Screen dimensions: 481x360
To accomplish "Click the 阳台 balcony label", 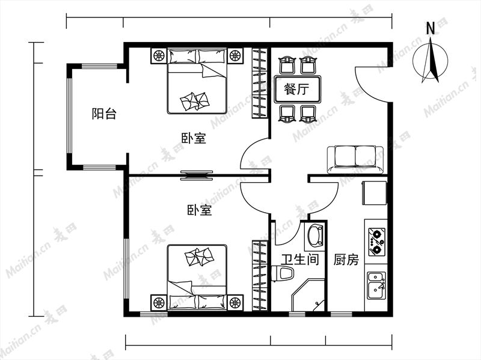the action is pos(104,114).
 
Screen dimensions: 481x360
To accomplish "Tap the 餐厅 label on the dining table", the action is pos(296,90).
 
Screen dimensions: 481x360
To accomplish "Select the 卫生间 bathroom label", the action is pos(300,260).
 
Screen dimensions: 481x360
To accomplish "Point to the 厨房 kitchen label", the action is pos(346,260).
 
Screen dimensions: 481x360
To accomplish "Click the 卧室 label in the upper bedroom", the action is pos(194,138).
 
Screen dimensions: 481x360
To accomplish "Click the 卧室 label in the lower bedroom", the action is pos(200,210).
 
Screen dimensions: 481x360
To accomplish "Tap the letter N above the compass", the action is pos(430,28).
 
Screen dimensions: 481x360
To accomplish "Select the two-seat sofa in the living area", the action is pos(355,159).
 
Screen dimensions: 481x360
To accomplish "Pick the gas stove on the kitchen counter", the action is pos(377,242).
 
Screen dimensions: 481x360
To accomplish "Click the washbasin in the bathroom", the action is pos(315,236).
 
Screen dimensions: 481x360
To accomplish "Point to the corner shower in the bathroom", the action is pos(307,294).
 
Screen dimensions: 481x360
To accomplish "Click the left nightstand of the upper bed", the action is pos(159,56).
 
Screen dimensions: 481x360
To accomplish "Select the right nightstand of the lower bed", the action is pos(235,302).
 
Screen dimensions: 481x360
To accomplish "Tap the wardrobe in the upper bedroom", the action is pos(260,83).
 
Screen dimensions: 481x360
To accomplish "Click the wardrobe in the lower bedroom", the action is pos(260,275).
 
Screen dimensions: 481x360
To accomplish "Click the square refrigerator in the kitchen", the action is pos(374,193).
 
